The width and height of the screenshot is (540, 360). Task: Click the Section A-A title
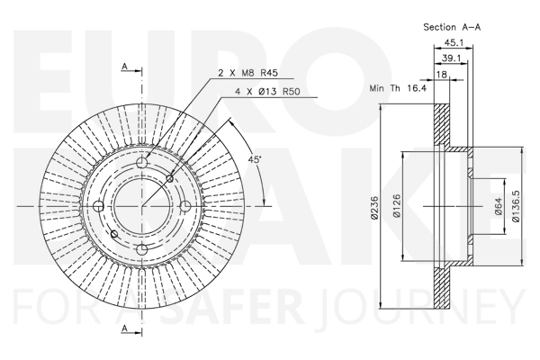pyautogui.click(x=453, y=28)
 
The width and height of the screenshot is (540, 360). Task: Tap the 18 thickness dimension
pyautogui.click(x=442, y=76)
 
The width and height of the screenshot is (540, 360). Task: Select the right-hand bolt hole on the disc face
pyautogui.click(x=184, y=206)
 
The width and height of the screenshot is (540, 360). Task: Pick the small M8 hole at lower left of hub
pyautogui.click(x=112, y=234)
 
